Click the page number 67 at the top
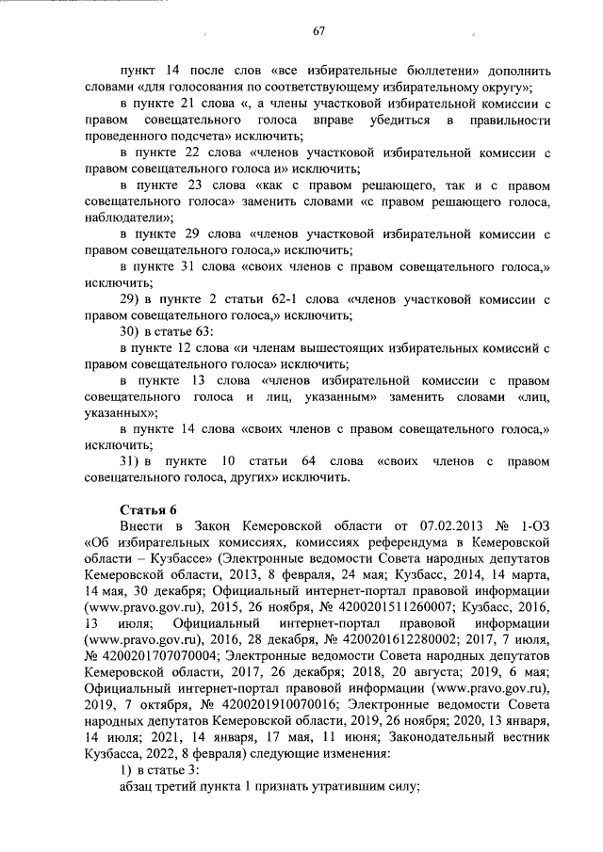coord(318,33)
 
